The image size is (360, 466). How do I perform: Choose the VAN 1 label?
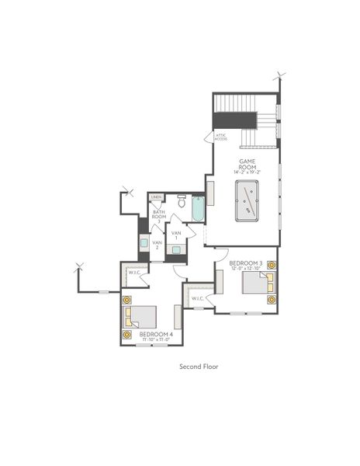(176, 235)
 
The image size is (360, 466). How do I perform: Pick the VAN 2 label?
(157, 245)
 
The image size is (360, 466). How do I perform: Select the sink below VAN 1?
(176, 250)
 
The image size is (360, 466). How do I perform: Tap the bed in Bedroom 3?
(254, 282)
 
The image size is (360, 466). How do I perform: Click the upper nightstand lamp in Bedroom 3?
(271, 266)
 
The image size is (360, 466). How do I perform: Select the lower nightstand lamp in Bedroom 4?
(127, 335)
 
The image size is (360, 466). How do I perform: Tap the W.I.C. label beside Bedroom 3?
(197, 298)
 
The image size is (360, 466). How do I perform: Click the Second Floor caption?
(198, 366)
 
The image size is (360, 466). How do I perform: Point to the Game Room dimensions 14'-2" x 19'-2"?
(247, 172)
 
